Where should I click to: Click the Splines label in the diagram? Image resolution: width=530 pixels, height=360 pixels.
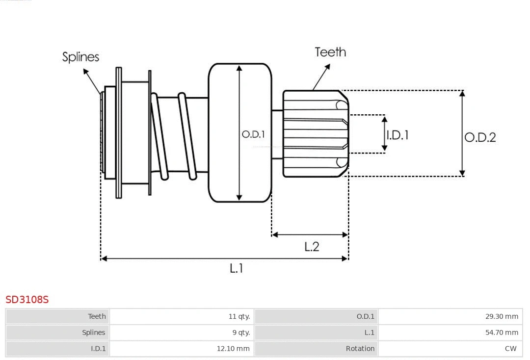pos(80,57)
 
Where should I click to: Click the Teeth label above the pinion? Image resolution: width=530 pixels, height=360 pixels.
pos(330,52)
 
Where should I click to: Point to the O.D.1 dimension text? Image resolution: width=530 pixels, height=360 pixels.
pos(253,134)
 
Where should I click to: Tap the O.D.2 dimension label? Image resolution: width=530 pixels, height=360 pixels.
pos(480,137)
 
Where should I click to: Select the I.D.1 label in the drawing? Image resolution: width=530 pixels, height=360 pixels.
pos(397,135)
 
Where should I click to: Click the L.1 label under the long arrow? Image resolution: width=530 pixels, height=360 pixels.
pos(237,268)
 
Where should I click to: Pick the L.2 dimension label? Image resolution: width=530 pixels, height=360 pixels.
pos(312,247)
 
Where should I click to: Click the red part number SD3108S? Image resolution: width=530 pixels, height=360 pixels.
pos(27,299)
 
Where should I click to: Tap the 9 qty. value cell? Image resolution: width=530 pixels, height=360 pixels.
pos(241,333)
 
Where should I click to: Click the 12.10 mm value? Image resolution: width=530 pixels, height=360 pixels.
pos(233,349)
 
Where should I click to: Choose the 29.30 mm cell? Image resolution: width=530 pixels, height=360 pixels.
pos(502,316)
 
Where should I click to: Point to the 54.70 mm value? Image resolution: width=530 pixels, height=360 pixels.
pos(502,333)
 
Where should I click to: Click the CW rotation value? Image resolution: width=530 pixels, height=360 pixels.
pos(510,349)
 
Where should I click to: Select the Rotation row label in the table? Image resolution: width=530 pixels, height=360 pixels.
pos(360,349)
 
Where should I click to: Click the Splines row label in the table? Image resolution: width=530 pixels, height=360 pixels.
pos(93,333)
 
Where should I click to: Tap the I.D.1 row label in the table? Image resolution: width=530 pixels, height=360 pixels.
pos(98,349)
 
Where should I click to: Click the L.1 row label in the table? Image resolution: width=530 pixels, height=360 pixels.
pos(369,333)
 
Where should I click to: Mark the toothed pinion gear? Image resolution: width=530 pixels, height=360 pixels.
pos(314,133)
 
